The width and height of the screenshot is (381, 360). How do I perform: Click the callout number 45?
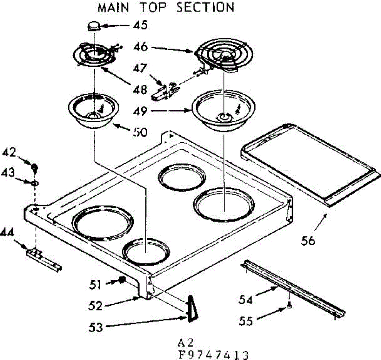[x=140, y=24]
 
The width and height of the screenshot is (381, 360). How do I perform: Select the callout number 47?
[x=140, y=68]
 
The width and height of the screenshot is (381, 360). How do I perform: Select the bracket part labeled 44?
[x=43, y=258]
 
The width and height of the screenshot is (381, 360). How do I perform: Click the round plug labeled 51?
[x=121, y=280]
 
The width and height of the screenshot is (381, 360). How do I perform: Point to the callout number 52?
[x=96, y=306]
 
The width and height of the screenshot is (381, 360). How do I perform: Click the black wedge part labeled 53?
[x=191, y=309]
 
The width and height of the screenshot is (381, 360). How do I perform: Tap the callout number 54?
[x=246, y=299]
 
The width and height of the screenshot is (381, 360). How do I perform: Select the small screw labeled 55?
[x=289, y=306]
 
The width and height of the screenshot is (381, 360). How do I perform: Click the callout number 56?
[x=308, y=241]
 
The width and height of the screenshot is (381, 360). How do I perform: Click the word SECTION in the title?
[x=205, y=7]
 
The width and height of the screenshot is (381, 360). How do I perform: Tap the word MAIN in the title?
[x=113, y=7]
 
